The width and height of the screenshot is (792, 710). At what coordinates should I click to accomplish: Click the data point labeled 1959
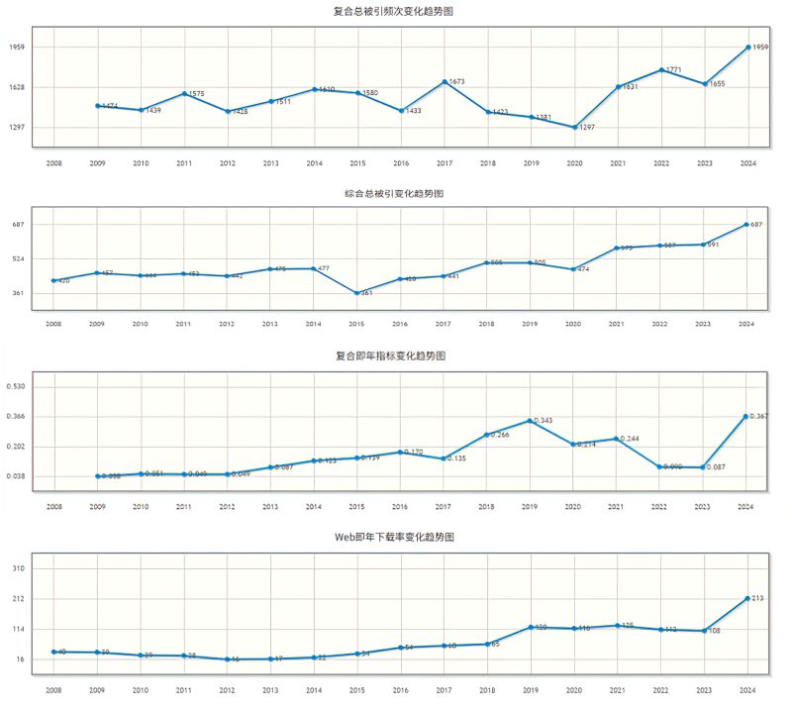[x=747, y=47]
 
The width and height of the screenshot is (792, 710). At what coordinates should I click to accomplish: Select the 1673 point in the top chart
[x=444, y=81]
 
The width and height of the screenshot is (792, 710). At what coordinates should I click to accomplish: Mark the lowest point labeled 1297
[x=574, y=127]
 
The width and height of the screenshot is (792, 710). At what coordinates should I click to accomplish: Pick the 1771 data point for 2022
[x=660, y=69]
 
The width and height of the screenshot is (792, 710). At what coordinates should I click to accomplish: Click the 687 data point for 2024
[x=747, y=224]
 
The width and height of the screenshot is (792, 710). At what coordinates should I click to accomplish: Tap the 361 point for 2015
[x=357, y=293]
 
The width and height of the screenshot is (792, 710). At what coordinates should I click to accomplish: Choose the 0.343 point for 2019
[x=531, y=420]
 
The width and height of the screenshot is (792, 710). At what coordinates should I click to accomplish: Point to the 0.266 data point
[x=487, y=435]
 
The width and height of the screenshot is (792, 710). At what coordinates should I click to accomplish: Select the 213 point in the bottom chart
[x=747, y=598]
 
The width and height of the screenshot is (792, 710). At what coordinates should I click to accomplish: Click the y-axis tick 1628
[x=17, y=87]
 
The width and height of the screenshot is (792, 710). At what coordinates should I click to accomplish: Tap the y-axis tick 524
[x=19, y=258]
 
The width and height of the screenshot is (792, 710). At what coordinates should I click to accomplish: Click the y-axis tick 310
[x=19, y=568]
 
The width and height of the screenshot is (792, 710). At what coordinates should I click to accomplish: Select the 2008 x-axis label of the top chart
[x=53, y=163]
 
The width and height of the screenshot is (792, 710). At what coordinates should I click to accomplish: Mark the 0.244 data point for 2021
[x=618, y=438]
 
